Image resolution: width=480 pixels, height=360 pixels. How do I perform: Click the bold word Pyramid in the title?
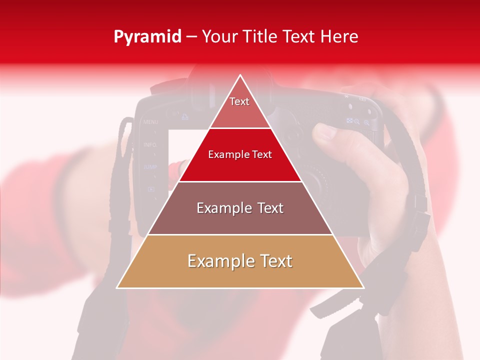coord(147,37)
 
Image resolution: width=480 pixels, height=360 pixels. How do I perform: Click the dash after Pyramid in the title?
coord(191,37)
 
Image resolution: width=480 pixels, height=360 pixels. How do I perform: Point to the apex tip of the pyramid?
coord(240,76)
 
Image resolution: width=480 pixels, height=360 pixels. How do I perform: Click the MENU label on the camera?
coord(150,122)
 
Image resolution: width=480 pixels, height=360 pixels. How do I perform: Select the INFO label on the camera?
coord(150,144)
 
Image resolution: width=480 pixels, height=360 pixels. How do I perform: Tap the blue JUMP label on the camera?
coord(150,167)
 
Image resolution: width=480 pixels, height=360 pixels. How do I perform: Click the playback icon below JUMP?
coord(150,189)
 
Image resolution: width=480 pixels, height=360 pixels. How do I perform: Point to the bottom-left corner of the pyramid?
coord(117,287)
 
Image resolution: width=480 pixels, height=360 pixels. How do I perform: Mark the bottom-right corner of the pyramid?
coord(363,287)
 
